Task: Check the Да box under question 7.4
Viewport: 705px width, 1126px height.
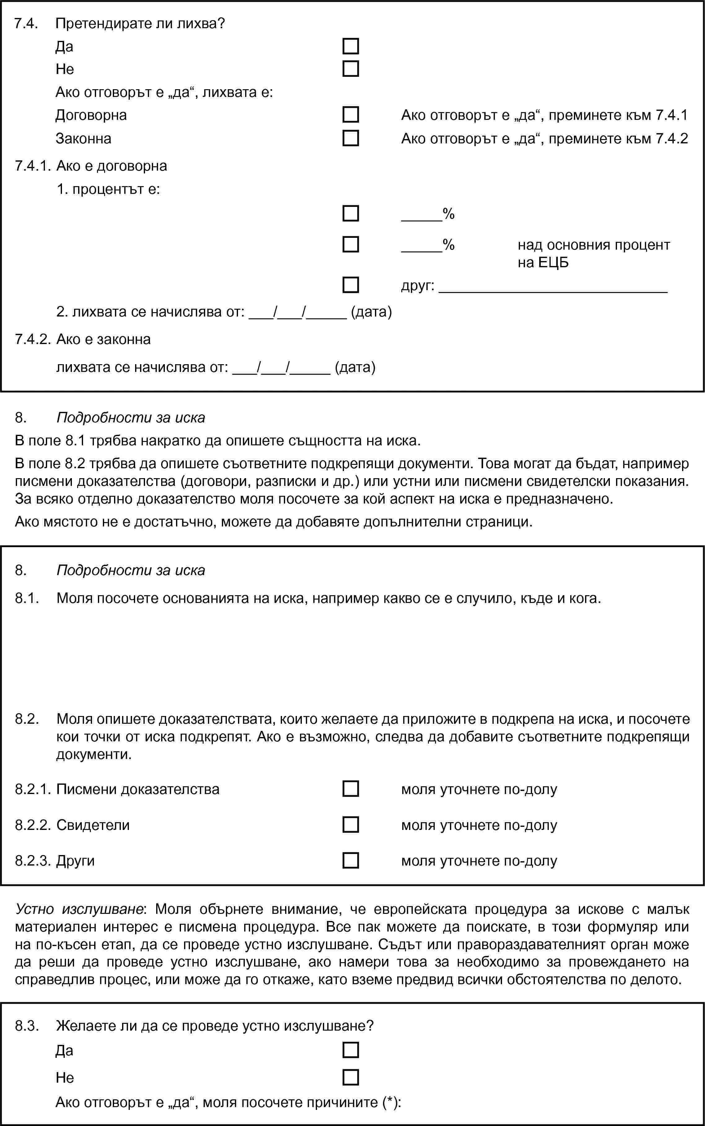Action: [x=350, y=46]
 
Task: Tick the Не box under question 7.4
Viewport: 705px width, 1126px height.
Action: [x=350, y=68]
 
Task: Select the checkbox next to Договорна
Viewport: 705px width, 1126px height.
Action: [x=350, y=115]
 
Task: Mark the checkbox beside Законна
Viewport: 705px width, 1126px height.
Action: [x=350, y=138]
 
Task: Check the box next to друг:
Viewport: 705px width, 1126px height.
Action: [x=350, y=285]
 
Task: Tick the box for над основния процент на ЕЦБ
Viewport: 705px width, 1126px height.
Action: [x=350, y=244]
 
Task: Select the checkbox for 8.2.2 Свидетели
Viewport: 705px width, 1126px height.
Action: [x=350, y=825]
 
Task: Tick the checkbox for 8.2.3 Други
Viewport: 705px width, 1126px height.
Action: [x=350, y=860]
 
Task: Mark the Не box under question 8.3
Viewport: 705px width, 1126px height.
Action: [x=350, y=1077]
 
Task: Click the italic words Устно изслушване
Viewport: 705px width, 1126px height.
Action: [x=79, y=909]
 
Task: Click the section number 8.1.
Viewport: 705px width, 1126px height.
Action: [x=27, y=598]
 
